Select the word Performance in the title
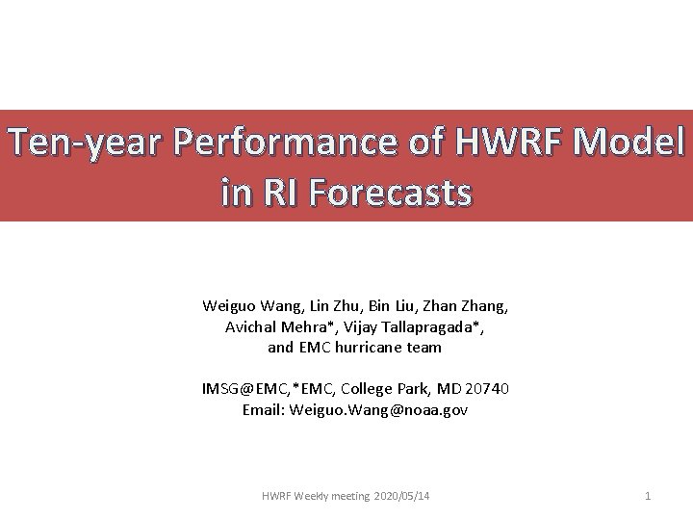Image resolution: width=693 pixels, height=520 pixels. [x=259, y=143]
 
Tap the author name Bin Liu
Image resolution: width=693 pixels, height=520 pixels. [x=392, y=306]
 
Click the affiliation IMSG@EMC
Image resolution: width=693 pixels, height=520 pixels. [x=241, y=389]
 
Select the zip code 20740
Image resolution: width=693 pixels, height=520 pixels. [x=488, y=389]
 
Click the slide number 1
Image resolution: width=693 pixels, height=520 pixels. [x=648, y=496]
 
